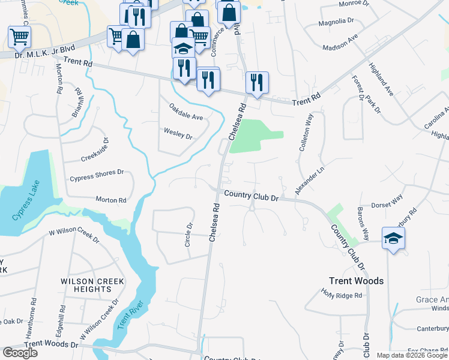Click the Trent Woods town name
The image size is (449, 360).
pyautogui.click(x=356, y=281)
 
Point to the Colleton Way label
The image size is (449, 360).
pyautogui.click(x=307, y=133)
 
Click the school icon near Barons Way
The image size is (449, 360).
pyautogui.click(x=394, y=238)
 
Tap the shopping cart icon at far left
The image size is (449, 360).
pyautogui.click(x=19, y=37)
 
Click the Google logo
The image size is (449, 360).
pyautogui.click(x=20, y=353)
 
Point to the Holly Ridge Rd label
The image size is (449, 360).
pyautogui.click(x=342, y=295)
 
